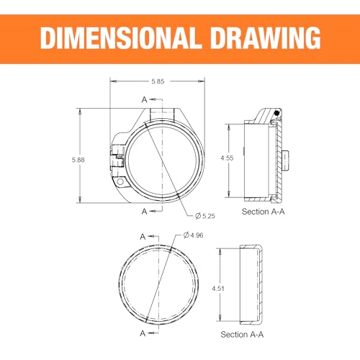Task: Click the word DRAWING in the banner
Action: tap(265, 38)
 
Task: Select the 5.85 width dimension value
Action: tap(158, 81)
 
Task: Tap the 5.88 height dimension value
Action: tap(78, 160)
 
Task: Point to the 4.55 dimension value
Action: tap(227, 158)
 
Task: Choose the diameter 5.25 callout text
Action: tap(205, 216)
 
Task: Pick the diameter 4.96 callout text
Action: tap(193, 235)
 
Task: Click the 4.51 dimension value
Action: tap(218, 289)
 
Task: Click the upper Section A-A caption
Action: tap(263, 212)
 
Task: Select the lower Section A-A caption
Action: tap(242, 335)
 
